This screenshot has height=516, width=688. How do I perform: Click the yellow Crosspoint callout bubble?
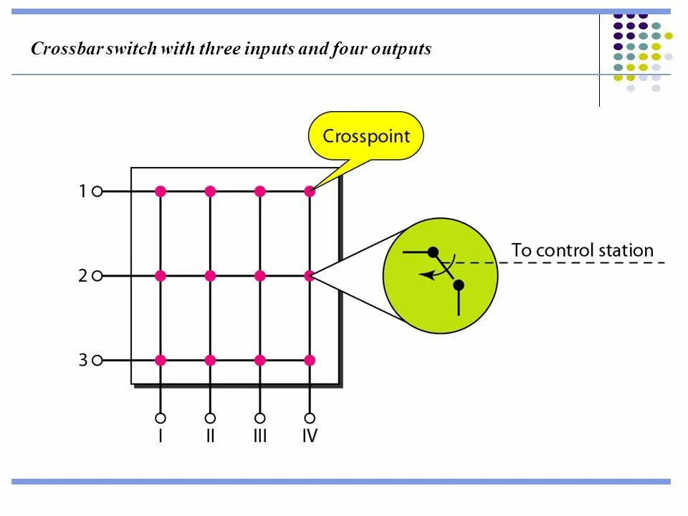tap(365, 135)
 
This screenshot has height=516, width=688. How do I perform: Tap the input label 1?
tap(82, 191)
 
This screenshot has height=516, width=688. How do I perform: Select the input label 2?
tap(82, 275)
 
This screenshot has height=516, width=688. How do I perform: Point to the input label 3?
tap(82, 360)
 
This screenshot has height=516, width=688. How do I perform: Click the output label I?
tap(161, 436)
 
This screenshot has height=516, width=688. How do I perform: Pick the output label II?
tap(210, 436)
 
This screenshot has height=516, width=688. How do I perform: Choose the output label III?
tap(260, 436)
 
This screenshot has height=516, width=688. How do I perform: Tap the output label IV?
tap(310, 436)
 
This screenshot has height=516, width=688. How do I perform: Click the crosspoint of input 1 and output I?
tap(161, 191)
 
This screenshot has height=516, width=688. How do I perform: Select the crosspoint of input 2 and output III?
tap(260, 275)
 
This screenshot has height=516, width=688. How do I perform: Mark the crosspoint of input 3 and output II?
tap(210, 360)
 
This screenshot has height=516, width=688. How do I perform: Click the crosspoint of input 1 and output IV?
tap(310, 191)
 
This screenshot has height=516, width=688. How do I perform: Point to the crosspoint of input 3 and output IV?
tap(310, 360)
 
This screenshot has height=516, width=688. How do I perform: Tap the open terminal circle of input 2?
tap(97, 275)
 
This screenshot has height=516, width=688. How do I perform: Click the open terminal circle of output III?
tap(260, 418)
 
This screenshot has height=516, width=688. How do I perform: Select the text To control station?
tap(582, 251)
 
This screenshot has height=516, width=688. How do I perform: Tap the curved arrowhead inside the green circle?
tap(424, 274)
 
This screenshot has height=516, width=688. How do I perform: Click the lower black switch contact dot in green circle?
tap(459, 285)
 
